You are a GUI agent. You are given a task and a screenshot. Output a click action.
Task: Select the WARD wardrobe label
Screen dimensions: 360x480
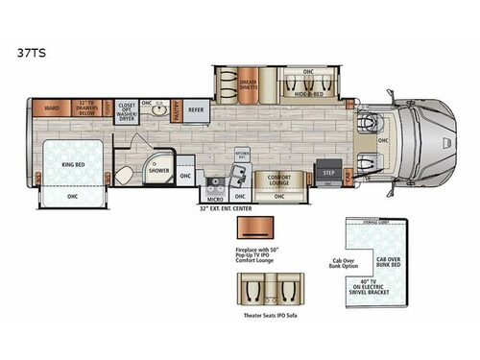click(52, 108)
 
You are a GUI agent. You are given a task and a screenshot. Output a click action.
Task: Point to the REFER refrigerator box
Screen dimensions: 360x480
click(197, 109)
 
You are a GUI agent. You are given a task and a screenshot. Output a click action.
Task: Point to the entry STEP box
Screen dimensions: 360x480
click(329, 172)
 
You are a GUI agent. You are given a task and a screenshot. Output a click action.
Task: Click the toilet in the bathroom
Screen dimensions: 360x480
click(125, 174)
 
